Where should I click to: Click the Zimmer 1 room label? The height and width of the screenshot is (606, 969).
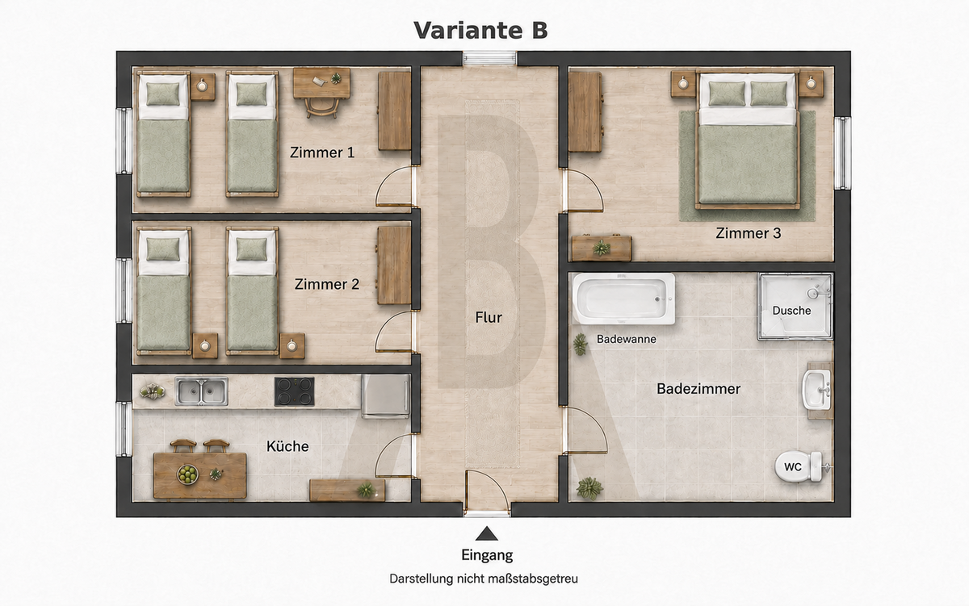tap(322, 153)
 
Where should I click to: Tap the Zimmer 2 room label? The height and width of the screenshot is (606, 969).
tap(326, 284)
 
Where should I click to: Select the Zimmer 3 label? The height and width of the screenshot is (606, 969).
tap(749, 233)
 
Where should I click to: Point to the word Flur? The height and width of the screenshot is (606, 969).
tap(489, 318)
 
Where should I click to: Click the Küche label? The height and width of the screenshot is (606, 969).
tap(287, 446)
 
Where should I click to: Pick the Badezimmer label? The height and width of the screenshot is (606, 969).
tap(698, 389)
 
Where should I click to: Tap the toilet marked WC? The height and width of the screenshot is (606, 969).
tap(799, 467)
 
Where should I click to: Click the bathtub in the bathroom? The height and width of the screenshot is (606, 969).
tap(623, 299)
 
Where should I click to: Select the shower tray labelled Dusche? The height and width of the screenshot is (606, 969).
tap(795, 307)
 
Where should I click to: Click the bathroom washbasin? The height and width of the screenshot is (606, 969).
tap(816, 390)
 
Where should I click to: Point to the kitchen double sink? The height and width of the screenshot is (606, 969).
tap(201, 391)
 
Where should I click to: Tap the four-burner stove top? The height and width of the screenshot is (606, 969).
tap(295, 391)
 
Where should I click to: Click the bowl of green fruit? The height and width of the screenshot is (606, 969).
tap(187, 474)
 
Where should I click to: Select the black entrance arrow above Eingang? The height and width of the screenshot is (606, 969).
tap(487, 534)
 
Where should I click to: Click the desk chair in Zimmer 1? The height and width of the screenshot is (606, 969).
tap(321, 107)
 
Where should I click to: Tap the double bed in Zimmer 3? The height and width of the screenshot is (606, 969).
tap(748, 140)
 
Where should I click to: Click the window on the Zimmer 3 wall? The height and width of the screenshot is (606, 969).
tap(842, 153)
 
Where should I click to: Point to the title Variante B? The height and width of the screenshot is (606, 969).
tap(480, 30)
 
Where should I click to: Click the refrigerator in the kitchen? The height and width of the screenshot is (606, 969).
tap(386, 396)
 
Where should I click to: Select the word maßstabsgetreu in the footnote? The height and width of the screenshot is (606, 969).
tap(532, 579)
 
